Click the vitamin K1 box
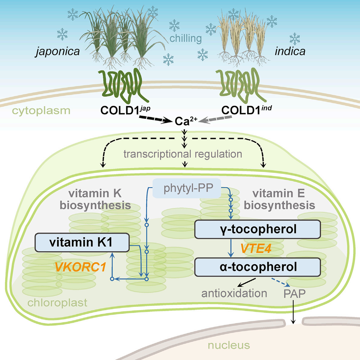[82, 242]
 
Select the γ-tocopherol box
[257, 229]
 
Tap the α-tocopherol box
[257, 267]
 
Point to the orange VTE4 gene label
[255, 248]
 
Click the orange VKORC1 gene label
[80, 267]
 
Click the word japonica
[58, 51]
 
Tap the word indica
[290, 51]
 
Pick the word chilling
[185, 38]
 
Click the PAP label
[294, 294]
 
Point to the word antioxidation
[234, 294]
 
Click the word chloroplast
[57, 303]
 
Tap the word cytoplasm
[41, 111]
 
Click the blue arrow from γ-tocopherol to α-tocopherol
[231, 248]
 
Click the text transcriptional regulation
[183, 154]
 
